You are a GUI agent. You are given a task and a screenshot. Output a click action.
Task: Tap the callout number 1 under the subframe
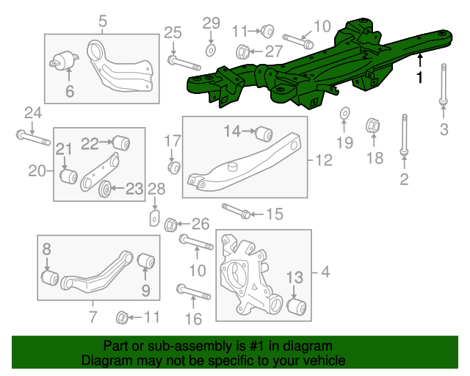[420, 77]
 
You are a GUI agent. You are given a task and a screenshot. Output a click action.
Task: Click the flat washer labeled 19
[344, 114]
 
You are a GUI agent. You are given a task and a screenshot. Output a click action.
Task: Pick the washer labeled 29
[211, 49]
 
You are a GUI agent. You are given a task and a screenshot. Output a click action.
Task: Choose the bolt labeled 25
[184, 60]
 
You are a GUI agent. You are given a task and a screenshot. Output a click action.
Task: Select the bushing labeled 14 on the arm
[264, 134]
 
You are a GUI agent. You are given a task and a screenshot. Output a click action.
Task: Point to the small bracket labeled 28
[155, 218]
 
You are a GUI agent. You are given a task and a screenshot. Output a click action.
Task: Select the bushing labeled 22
[120, 140]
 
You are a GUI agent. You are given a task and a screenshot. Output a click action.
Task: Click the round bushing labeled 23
[105, 190]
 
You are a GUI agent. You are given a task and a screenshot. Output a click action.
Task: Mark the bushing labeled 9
[145, 261]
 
